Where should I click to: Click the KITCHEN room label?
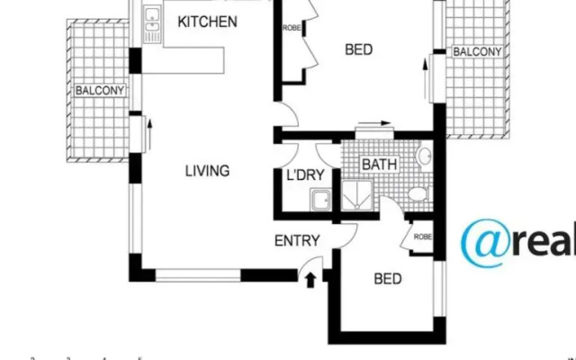coord(207,21)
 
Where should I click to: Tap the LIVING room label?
coord(207,170)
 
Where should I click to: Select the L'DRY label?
coord(305,175)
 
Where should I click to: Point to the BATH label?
coord(379,165)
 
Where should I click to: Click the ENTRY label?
coord(296,240)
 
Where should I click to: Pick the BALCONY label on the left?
coord(99,90)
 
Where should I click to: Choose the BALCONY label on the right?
coord(477,51)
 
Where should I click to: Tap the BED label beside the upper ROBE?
coord(358,49)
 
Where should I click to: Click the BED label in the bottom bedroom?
coord(387,279)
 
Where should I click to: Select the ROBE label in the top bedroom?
coord(292,28)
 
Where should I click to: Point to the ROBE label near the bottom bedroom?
coord(423,237)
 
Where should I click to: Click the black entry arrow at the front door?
coord(311,279)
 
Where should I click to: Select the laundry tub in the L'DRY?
coord(318,200)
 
